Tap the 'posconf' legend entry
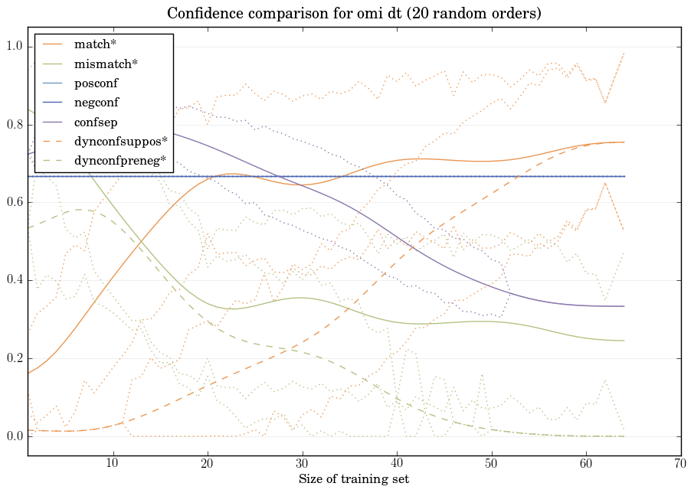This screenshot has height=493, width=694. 96,83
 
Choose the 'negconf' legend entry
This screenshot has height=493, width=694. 97,103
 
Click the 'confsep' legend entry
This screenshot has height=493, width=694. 95,122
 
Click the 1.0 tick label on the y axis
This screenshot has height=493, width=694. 14,47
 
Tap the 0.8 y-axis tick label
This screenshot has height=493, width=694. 14,125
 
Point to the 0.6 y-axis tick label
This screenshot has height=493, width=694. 14,203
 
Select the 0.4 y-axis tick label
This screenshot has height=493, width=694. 14,281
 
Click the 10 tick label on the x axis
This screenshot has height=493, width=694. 113,464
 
